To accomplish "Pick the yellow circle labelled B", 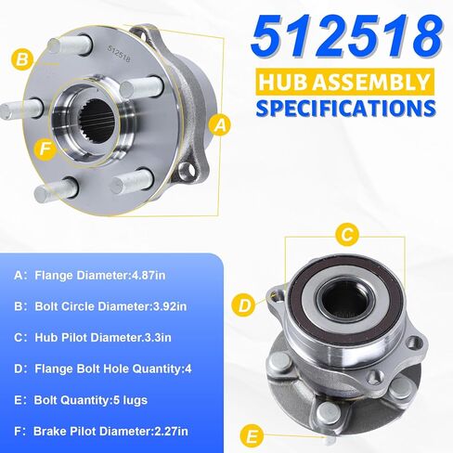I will point(21,60).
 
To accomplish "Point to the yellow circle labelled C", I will point(345,233).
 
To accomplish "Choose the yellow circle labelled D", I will point(244,303).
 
